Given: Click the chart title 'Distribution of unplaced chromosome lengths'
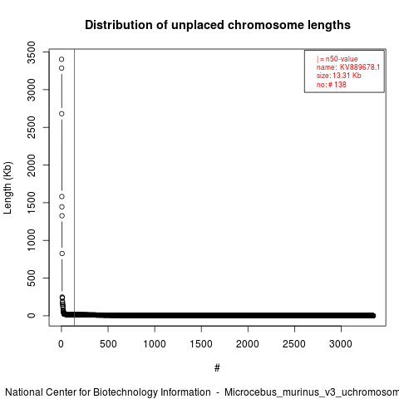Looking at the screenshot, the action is coord(218,25).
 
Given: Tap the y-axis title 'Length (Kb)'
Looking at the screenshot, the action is coord(7,188).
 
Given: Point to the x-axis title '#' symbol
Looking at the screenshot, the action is coord(217,368).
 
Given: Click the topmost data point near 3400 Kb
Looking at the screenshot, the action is coord(62,59).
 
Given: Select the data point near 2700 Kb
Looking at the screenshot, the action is coord(62,114).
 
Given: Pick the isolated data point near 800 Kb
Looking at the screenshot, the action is coord(62,254).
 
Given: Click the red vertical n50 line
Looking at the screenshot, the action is coord(74,188).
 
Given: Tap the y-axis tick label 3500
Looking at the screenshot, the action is coord(32,52).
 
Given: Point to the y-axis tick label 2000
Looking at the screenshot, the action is coord(32,165).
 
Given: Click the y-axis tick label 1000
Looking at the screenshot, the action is coord(32,240).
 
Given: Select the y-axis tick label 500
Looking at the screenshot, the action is coord(32,278).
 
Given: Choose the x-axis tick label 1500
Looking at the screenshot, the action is coord(201,344).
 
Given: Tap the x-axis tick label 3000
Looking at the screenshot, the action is coord(341,344).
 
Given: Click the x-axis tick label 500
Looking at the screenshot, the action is coord(108,344).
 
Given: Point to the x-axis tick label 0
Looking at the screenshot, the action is coord(62,344).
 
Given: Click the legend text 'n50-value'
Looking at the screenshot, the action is coord(342,59).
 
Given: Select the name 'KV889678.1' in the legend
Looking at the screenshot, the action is coord(360,67).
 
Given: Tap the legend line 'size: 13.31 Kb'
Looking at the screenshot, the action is coord(339,76).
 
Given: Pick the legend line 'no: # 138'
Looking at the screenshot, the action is coord(332,84).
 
